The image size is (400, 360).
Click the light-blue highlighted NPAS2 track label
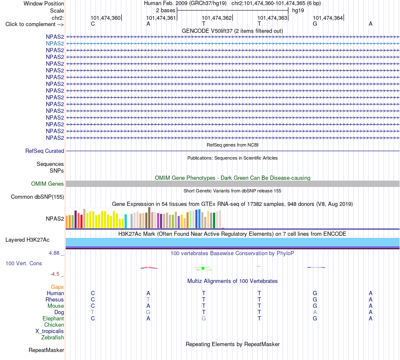pyautogui.click(x=55, y=44)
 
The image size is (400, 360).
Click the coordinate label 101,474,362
pyautogui.click(x=216, y=18)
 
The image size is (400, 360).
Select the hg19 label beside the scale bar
pyautogui.click(x=298, y=11)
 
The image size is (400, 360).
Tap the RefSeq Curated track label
pyautogui.click(x=45, y=151)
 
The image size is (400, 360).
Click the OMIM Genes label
pyautogui.click(x=48, y=184)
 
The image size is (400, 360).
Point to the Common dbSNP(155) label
pyautogui.click(x=37, y=197)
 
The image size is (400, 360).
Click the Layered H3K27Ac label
pyautogui.click(x=27, y=240)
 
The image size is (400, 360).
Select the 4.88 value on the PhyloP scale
pyautogui.click(x=54, y=253)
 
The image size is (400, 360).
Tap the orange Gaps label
pyautogui.click(x=57, y=287)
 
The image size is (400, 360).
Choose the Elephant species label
pyautogui.click(x=53, y=319)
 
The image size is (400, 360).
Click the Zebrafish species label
pyautogui.click(x=53, y=338)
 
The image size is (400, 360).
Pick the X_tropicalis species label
pyautogui.click(x=50, y=331)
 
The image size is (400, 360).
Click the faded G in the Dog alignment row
pyautogui.click(x=148, y=312)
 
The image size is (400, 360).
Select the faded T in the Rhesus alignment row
pyautogui.click(x=148, y=299)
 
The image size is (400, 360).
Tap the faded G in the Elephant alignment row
pyautogui.click(x=204, y=319)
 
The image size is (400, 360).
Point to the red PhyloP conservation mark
pyautogui.click(x=149, y=267)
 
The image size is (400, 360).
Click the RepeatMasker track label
pyautogui.click(x=46, y=350)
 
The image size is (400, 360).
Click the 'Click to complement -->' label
pyautogui.click(x=35, y=24)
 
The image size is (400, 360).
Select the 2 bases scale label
pyautogui.click(x=166, y=11)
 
